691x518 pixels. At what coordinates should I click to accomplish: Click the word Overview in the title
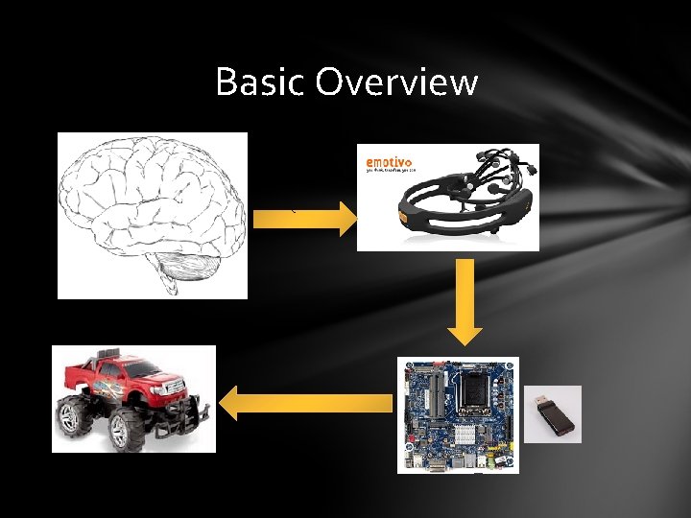pyautogui.click(x=397, y=82)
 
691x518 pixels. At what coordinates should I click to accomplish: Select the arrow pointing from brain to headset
pyautogui.click(x=305, y=220)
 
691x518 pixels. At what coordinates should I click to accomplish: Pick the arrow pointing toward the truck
pyautogui.click(x=307, y=403)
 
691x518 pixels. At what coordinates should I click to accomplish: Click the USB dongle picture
pyautogui.click(x=553, y=413)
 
